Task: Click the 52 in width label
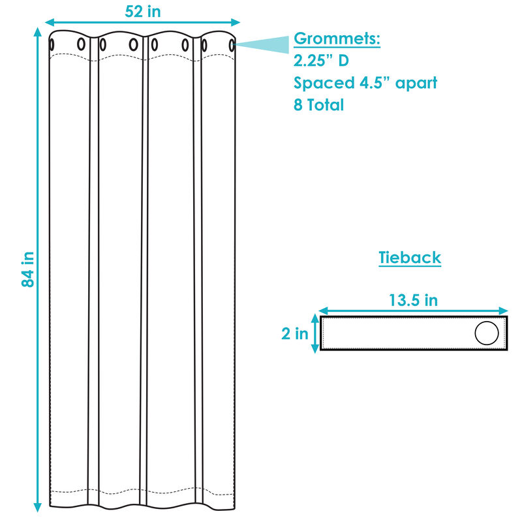point(142,11)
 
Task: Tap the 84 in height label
point(27,269)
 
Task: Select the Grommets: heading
point(337,38)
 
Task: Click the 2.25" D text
point(321,60)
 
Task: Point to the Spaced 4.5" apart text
point(365,83)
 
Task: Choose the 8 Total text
point(318,104)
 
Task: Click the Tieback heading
point(410,257)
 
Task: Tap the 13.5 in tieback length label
point(413,300)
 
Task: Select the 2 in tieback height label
point(295,333)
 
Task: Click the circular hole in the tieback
point(486,333)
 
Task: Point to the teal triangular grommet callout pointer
point(261,44)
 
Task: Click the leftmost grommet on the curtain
point(52,44)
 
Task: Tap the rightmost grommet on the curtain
point(232,45)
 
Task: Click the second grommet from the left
point(81,44)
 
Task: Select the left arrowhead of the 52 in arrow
point(50,22)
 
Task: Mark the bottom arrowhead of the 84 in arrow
point(38,507)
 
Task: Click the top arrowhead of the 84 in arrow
point(38,32)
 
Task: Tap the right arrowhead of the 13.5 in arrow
point(503,311)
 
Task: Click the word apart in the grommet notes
point(416,84)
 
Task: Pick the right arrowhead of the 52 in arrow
point(236,22)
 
